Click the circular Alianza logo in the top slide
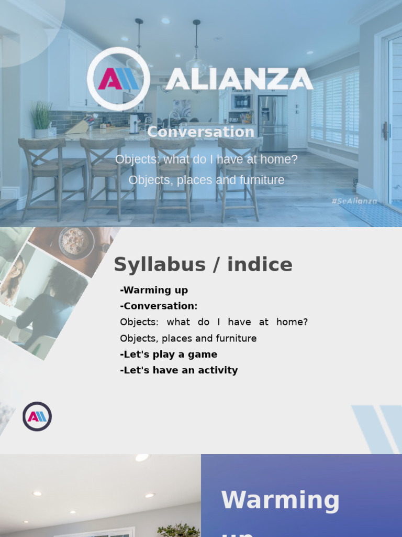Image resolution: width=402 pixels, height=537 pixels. coord(118,79)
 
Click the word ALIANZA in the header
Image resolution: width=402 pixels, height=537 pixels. coord(239,79)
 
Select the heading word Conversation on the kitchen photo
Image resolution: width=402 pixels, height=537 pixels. coord(200,132)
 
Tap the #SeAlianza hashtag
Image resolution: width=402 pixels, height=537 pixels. coord(354,201)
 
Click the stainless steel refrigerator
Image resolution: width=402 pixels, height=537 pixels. coord(273,124)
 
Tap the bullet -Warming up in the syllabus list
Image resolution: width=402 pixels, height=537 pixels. coord(153,290)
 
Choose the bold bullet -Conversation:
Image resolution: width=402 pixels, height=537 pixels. coord(159,306)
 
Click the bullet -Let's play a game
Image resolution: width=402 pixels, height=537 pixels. coord(168,354)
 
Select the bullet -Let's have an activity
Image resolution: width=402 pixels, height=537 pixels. coord(178,370)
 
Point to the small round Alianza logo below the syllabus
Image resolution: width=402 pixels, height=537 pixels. coord(37,416)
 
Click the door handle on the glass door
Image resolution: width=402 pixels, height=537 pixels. coord(385,131)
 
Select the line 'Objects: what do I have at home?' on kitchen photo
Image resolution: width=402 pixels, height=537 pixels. coord(206,159)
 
